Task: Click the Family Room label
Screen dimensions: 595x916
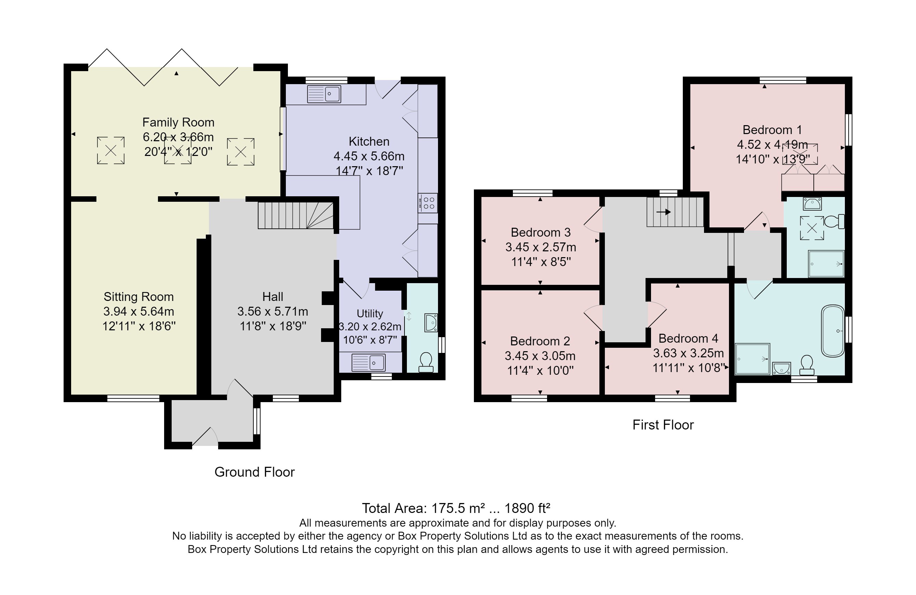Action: point(178,122)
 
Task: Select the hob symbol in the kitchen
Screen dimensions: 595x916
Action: point(428,203)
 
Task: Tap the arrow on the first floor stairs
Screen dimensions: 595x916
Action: point(663,212)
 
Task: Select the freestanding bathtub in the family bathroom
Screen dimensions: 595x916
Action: point(833,331)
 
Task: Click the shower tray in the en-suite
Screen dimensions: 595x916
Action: point(826,264)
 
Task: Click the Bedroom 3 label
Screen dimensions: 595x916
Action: point(540,233)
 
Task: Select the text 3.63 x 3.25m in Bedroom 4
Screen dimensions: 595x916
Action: point(688,353)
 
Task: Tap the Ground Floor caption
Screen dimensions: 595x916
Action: point(254,472)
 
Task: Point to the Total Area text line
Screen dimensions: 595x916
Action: point(456,508)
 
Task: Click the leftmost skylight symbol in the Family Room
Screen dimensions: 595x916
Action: point(110,150)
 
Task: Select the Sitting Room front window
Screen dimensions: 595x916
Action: point(133,398)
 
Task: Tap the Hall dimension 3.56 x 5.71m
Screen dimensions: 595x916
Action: point(273,312)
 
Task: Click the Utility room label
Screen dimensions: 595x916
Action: point(370,314)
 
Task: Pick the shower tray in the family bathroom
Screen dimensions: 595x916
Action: point(752,359)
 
